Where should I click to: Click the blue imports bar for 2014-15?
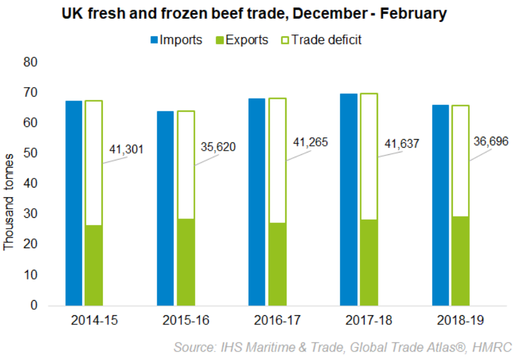tap(74, 203)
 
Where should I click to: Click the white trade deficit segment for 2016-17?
tap(277, 160)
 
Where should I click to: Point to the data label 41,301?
tap(126, 149)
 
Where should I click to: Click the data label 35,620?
tap(218, 147)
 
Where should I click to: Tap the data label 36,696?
tap(491, 141)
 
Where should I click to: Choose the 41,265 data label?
tap(310, 145)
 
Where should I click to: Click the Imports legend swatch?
tap(154, 41)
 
